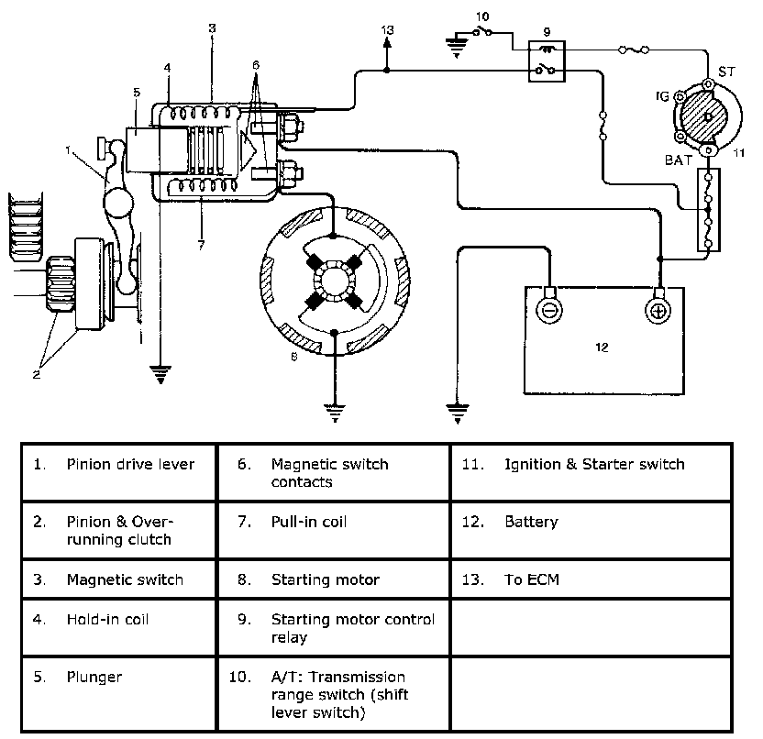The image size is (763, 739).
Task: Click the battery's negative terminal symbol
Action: (x=549, y=310)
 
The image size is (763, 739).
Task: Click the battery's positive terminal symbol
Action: (x=658, y=311)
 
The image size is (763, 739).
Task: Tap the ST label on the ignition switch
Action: (x=726, y=72)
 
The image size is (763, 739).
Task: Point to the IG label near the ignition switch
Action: (x=662, y=96)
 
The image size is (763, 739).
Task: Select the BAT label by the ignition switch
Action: (x=679, y=160)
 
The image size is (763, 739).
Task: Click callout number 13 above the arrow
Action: (x=387, y=30)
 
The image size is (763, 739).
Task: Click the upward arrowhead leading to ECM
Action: (x=387, y=42)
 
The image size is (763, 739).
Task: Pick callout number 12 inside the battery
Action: (x=602, y=347)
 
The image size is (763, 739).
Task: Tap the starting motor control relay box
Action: (x=547, y=61)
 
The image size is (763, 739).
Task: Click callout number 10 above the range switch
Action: (x=482, y=17)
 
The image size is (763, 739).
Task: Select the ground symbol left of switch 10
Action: (x=457, y=46)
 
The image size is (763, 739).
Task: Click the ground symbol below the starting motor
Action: (x=335, y=412)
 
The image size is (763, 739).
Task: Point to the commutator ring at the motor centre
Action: (x=335, y=281)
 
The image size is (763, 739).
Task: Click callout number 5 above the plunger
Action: (x=137, y=92)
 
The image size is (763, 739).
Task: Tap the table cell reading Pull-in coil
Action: (x=333, y=530)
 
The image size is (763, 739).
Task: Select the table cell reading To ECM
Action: (x=592, y=579)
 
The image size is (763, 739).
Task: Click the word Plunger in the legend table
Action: (x=94, y=678)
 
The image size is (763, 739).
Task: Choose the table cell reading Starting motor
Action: (x=333, y=579)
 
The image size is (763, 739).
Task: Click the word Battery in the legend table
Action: (x=531, y=522)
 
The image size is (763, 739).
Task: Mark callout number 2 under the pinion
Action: (x=37, y=374)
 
